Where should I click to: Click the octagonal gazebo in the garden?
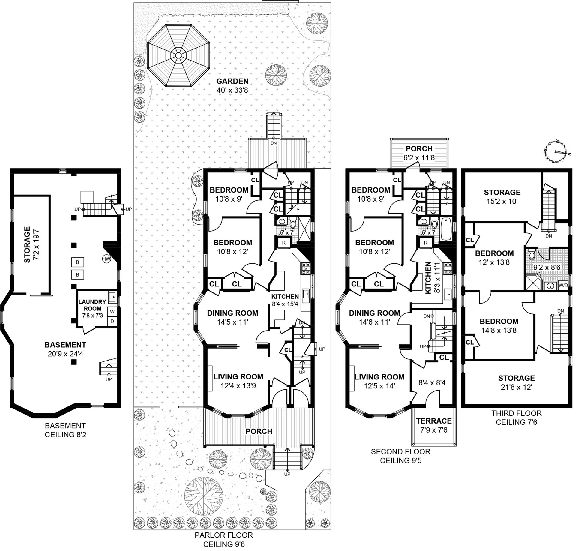178,55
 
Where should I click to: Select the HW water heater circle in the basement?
106,259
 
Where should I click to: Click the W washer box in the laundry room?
112,311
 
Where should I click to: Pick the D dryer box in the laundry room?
112,321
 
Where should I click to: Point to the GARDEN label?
232,81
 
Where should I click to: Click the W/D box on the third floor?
563,285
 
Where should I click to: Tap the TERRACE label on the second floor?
433,421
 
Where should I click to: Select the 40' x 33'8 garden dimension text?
232,90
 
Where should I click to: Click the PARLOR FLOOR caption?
224,535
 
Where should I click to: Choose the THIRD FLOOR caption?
516,413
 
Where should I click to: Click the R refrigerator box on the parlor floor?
284,243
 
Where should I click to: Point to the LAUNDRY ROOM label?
92,305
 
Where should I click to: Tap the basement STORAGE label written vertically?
27,245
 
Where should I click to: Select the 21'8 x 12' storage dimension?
516,387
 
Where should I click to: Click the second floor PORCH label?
419,148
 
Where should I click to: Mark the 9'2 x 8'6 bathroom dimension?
547,267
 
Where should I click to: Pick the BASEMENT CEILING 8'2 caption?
65,430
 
